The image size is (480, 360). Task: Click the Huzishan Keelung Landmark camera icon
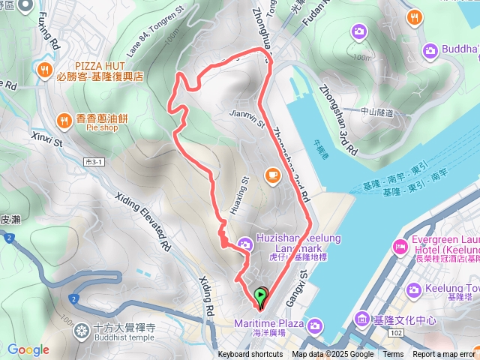point(244,243)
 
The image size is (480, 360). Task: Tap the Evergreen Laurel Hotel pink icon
point(399,247)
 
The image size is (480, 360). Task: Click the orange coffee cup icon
point(271,175)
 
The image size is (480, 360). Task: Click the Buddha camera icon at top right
point(430,50)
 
